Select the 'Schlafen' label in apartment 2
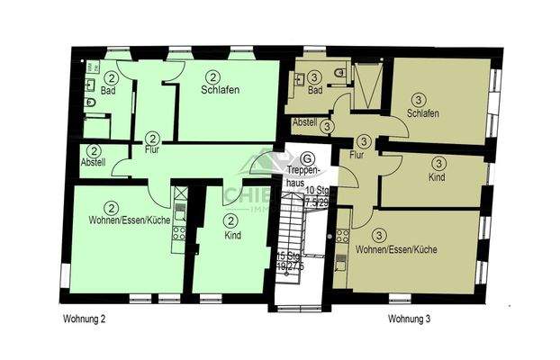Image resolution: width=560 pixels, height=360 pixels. [x=220, y=90]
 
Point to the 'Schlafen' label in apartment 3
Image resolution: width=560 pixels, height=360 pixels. [x=422, y=112]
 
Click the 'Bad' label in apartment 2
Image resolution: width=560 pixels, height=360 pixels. [x=108, y=92]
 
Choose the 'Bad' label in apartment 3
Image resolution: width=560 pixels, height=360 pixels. [x=314, y=92]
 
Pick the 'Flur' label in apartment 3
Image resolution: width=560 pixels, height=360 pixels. [x=357, y=155]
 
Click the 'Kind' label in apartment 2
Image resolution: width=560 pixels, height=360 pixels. [x=231, y=235]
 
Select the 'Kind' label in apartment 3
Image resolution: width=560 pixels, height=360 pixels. [x=438, y=178]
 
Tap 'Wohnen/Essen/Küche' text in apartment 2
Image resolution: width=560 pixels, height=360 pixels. [x=129, y=221]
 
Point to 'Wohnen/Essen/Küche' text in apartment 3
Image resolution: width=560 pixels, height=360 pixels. [x=397, y=248]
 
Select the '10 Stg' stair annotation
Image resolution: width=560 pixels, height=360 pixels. [x=316, y=190]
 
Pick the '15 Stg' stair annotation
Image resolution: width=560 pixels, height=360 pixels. [x=287, y=256]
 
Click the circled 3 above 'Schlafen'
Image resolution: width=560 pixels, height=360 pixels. [x=418, y=99]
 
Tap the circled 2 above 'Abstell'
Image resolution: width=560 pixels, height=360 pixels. [x=95, y=150]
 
